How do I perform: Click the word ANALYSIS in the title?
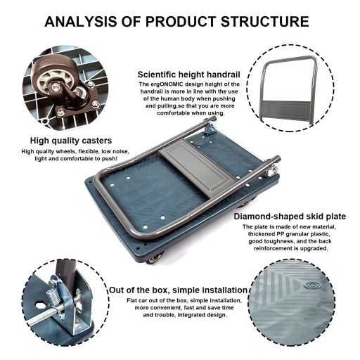click(80, 22)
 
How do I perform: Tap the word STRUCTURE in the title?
click(265, 22)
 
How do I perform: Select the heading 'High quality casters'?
click(71, 141)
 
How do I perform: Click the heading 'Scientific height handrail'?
click(188, 75)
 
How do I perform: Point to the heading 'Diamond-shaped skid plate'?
click(290, 217)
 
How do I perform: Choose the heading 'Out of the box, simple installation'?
click(179, 290)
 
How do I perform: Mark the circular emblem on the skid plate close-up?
click(311, 285)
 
